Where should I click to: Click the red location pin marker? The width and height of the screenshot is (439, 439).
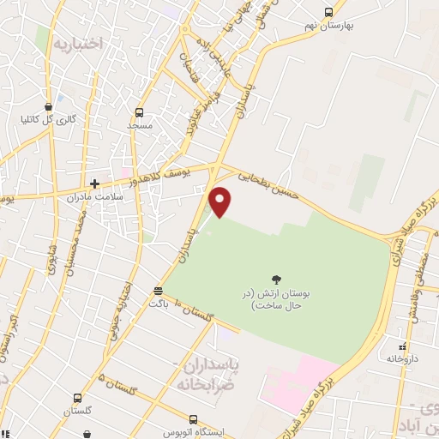(220, 201)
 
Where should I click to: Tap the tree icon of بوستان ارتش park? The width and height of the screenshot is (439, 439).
(276, 279)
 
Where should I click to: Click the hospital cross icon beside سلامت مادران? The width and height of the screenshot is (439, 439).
(95, 183)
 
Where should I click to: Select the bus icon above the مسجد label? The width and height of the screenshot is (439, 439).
(140, 112)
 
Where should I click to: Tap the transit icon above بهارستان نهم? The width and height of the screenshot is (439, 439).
(328, 12)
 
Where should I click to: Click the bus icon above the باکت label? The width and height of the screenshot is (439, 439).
(157, 291)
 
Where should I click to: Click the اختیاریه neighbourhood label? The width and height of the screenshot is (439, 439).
(78, 41)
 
